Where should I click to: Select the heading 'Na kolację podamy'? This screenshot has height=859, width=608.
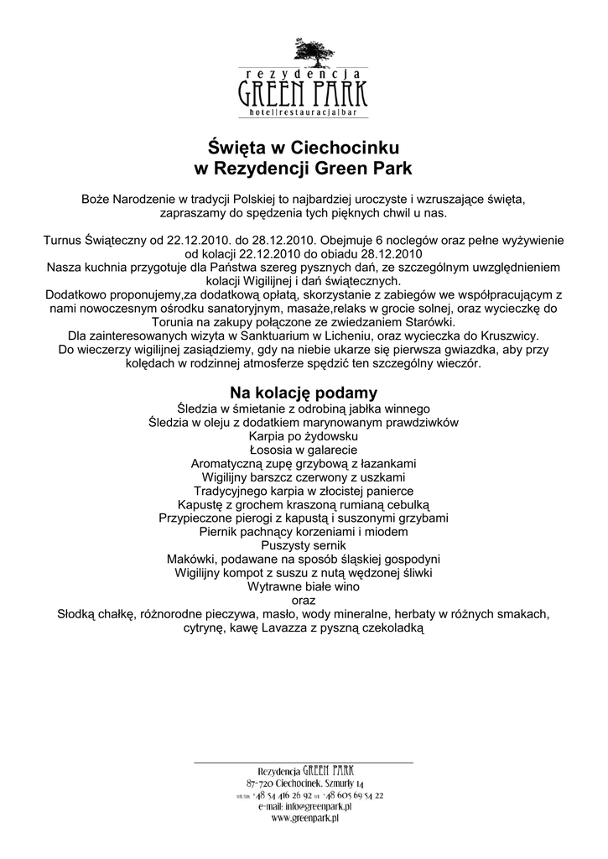pos(304,393)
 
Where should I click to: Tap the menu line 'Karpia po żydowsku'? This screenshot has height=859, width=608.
pos(304,437)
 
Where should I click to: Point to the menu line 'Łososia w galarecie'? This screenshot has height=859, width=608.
pos(304,450)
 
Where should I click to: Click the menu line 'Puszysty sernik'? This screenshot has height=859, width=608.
pos(304,545)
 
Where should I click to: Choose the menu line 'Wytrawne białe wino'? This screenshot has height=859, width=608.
pos(304,586)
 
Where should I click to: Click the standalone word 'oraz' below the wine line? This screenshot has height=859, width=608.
pos(304,600)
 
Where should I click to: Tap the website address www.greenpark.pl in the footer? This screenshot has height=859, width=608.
pos(304,818)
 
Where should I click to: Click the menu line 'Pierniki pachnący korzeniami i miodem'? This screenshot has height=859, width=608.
pos(304,532)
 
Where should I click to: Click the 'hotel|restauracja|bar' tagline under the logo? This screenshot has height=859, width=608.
pos(304,112)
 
